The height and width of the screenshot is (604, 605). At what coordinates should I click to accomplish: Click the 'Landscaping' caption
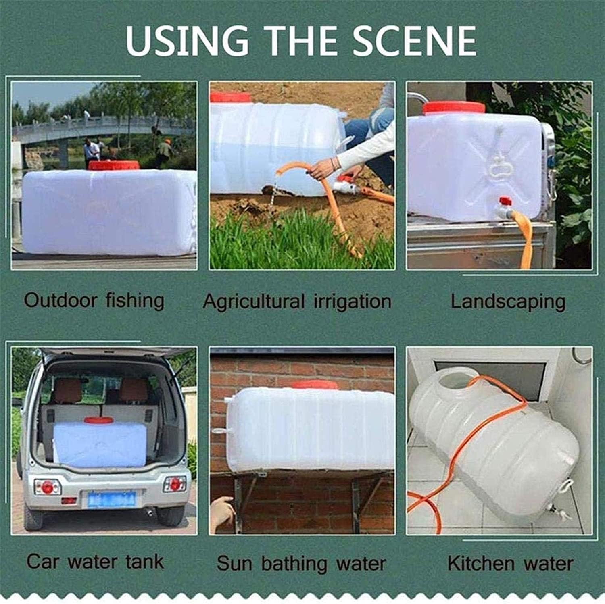coord(508,302)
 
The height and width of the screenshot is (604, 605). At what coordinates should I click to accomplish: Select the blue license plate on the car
coord(111,499)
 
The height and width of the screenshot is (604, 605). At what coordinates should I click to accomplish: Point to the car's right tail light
coord(175,484)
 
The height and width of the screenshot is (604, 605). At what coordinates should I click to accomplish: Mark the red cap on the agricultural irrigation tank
coord(231,98)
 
